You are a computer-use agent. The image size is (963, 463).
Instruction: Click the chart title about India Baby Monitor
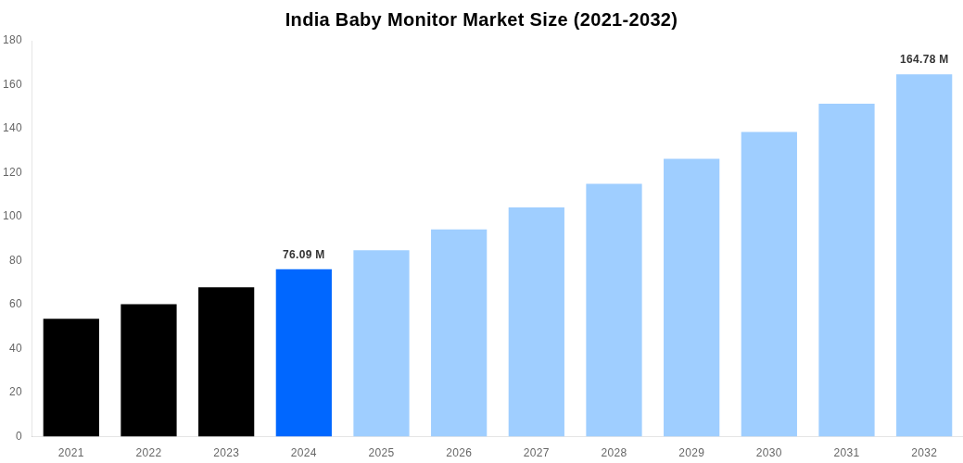click(x=481, y=19)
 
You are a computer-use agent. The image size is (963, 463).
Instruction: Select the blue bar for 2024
click(x=303, y=353)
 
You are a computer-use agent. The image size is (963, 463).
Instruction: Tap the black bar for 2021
click(x=71, y=378)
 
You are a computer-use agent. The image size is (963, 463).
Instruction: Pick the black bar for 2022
click(x=148, y=370)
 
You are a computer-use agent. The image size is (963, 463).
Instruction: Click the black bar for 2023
click(x=226, y=362)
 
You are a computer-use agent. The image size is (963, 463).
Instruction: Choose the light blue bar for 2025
click(x=381, y=344)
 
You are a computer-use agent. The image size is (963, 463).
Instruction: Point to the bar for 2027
click(x=536, y=322)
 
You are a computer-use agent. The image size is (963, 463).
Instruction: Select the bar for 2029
click(x=691, y=298)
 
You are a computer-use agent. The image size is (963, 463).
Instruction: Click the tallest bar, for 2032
click(x=924, y=256)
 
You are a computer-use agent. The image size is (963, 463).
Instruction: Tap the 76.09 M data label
click(x=303, y=255)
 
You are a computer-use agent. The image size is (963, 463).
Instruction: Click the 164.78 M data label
click(x=924, y=59)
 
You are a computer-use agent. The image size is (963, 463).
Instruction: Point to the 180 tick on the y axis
click(x=13, y=40)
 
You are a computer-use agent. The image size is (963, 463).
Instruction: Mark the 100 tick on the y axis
click(x=13, y=216)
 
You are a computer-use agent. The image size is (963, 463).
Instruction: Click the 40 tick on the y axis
click(x=16, y=348)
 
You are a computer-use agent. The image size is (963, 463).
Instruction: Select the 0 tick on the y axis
click(x=19, y=436)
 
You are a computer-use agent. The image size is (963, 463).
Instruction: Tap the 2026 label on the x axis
click(x=459, y=453)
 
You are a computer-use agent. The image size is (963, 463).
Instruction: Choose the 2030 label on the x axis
click(x=768, y=453)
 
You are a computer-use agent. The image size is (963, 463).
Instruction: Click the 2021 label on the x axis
click(x=71, y=453)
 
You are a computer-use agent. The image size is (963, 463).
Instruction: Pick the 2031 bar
click(x=846, y=270)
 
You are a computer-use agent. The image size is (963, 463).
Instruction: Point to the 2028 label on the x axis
click(x=614, y=453)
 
